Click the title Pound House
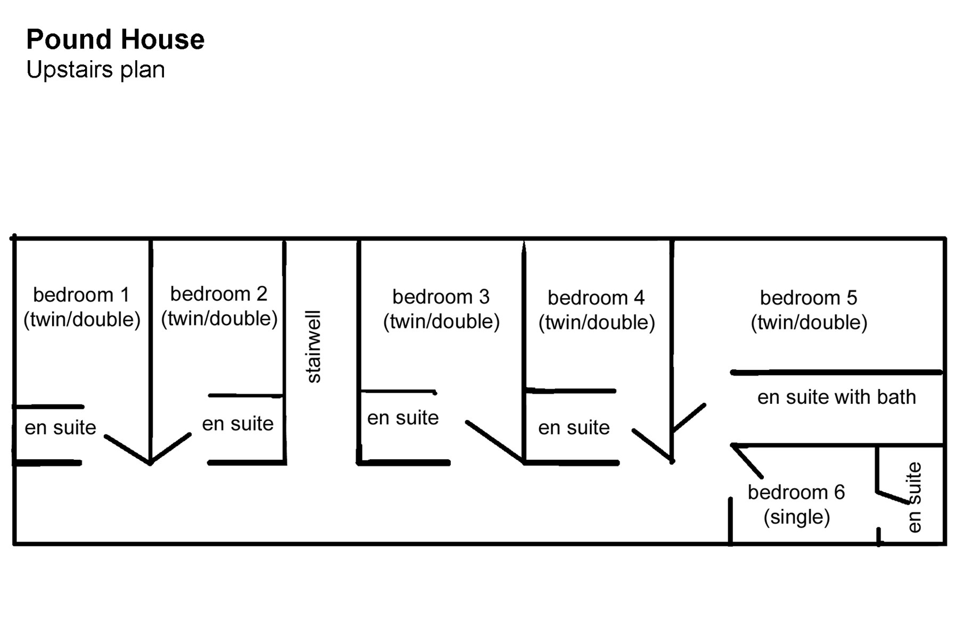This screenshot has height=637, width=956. pos(116,39)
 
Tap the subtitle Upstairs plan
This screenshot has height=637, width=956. pos(96,70)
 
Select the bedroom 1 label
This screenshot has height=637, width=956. pos(81,294)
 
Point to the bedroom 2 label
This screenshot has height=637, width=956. pos(219,293)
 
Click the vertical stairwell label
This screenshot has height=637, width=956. pos(314,346)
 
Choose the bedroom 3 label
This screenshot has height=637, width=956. pos(441,296)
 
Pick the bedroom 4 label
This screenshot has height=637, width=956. pos(596,297)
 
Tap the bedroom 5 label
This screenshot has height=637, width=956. pos(809,297)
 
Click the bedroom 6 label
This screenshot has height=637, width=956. pos(796,492)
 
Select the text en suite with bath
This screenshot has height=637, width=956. pos(837,397)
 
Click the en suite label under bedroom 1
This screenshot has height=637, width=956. pos(61,427)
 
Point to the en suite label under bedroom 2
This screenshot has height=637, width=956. pos(238,424)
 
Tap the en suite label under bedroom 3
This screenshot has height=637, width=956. pos(403,418)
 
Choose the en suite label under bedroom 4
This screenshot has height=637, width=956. pos(574,427)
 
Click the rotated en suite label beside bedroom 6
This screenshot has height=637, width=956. pos(913,497)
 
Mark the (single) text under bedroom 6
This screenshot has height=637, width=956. pos(797,517)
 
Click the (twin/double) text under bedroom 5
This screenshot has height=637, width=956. pos(809,322)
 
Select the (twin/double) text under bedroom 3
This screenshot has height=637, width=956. pos(441,321)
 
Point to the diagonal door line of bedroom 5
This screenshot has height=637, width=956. pos(689,418)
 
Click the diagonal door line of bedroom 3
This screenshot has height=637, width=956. pos(495,442)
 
